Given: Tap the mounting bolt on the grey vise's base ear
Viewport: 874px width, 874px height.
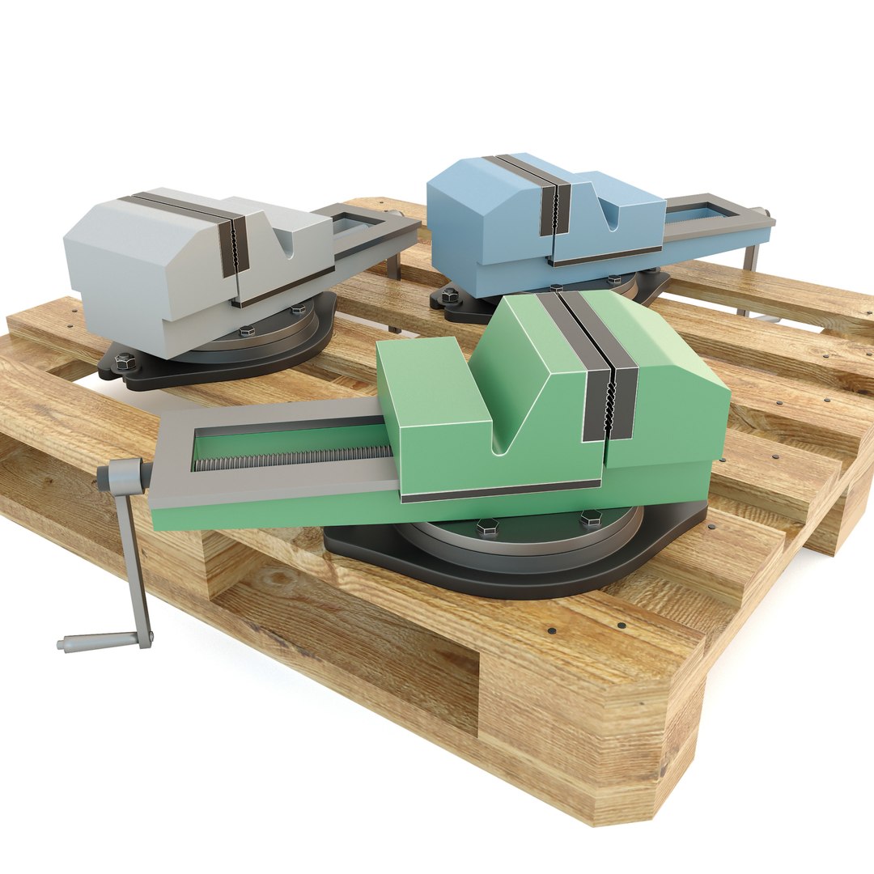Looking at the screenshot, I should [x=124, y=362].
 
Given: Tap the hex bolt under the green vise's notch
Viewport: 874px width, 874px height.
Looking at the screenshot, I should [x=486, y=527].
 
